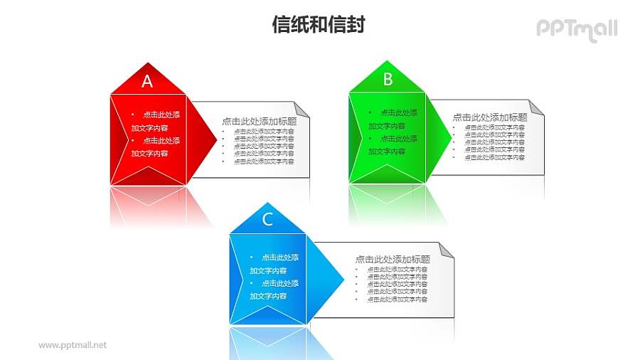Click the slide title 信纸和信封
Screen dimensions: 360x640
click(319, 25)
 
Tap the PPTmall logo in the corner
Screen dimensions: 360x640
click(576, 29)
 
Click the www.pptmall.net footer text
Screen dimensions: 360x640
click(73, 345)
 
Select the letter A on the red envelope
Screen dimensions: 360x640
click(147, 81)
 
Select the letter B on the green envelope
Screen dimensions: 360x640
click(388, 79)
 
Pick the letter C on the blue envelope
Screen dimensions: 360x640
click(267, 219)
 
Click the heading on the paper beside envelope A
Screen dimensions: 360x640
click(259, 121)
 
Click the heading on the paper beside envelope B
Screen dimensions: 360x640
click(490, 117)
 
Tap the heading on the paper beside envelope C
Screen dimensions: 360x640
click(393, 259)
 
